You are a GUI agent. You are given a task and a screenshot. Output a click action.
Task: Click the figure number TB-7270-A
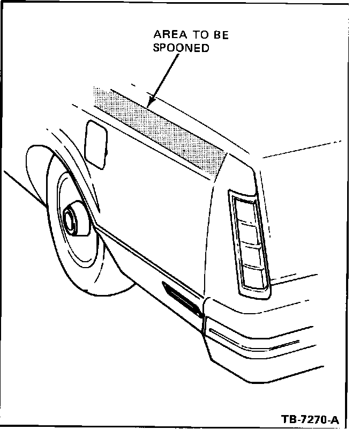tap(310, 418)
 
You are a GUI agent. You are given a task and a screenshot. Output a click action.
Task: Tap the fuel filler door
tap(96, 144)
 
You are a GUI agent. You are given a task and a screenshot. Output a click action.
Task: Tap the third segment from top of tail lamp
tap(252, 255)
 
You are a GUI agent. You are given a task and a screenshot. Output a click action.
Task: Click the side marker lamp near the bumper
tap(182, 300)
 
